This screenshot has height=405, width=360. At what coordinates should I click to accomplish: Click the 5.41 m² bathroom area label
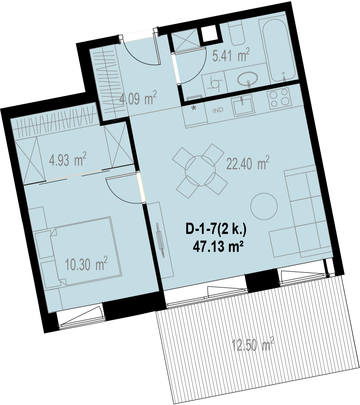pos(231,55)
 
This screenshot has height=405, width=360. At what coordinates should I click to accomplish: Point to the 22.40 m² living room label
pos(248,163)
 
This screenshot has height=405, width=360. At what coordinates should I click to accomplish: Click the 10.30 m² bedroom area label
pos(86,264)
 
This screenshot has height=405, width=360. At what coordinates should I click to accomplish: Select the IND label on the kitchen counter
pos(218,110)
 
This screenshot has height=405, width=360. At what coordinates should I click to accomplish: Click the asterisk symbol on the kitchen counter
pos(194,108)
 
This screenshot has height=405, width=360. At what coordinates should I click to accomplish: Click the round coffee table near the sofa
pos(264,206)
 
